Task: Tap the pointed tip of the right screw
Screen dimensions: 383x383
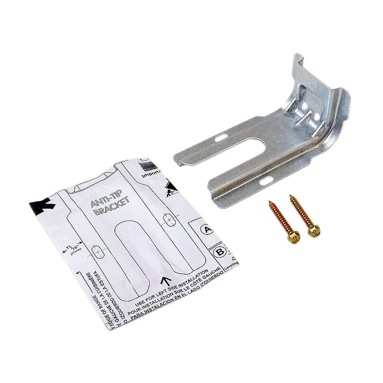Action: click(291, 196)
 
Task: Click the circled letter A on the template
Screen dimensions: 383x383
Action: click(207, 229)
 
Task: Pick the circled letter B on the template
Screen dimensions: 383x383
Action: click(219, 252)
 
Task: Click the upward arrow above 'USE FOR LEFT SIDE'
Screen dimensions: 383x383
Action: click(166, 282)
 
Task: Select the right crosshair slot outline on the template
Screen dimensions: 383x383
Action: click(169, 219)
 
